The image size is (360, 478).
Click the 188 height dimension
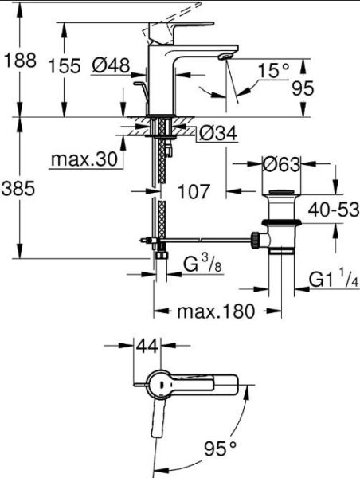coord(20,61)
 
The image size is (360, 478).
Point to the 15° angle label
coord(273,72)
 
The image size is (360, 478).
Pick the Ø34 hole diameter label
coord(217,134)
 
